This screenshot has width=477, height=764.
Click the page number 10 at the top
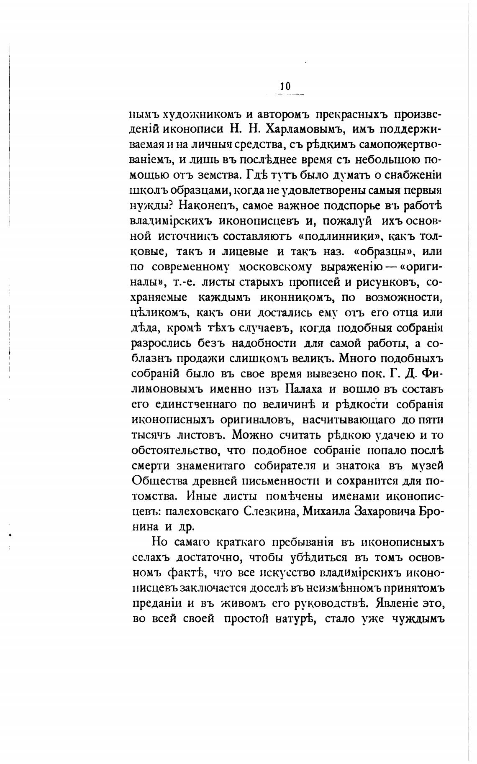tap(285, 86)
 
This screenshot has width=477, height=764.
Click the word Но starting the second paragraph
tap(159, 542)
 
